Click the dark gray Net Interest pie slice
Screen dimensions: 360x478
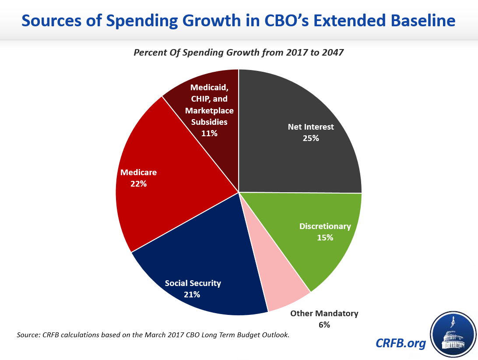click(302, 158)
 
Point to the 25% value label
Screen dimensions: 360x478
click(311, 138)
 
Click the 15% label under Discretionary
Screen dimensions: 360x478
click(325, 237)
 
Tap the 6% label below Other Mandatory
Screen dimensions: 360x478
click(324, 325)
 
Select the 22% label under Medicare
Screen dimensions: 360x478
click(138, 184)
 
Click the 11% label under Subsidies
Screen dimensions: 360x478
click(209, 133)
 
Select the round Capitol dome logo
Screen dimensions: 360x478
click(453, 334)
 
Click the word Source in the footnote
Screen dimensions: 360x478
click(28, 335)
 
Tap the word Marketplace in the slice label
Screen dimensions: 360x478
click(209, 110)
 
